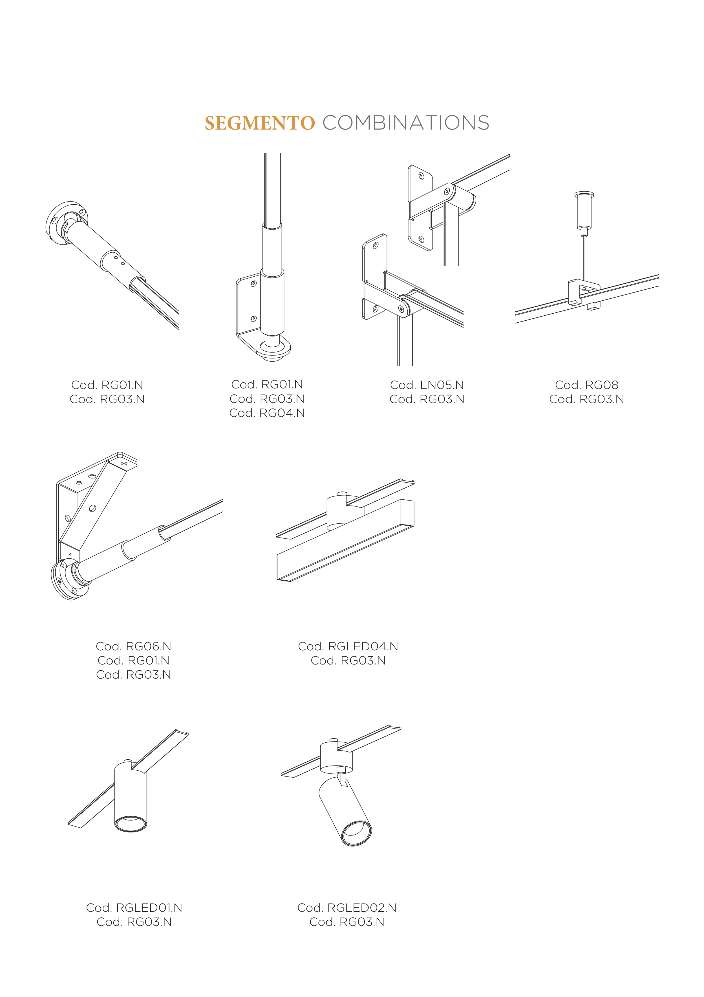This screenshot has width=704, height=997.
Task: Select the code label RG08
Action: click(602, 385)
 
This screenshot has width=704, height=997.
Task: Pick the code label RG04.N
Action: click(282, 413)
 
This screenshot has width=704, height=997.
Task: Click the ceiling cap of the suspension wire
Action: click(584, 211)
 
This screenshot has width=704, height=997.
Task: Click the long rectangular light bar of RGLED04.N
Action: click(345, 540)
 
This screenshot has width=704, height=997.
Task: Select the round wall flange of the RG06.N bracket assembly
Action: click(71, 580)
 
